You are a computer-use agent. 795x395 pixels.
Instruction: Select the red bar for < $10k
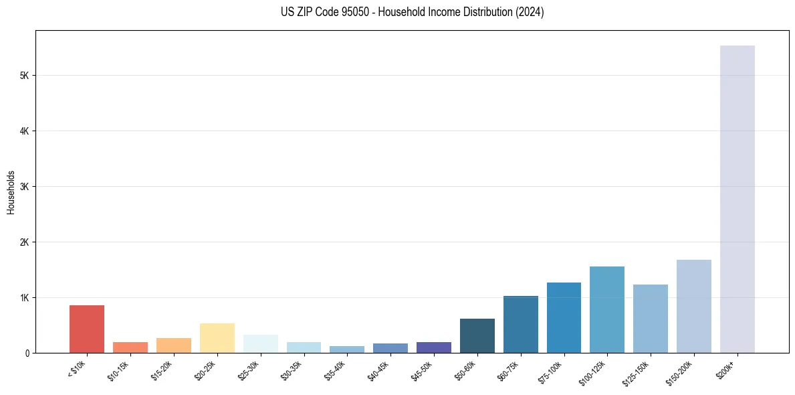[x=87, y=329]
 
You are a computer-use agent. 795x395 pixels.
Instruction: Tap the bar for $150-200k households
[x=693, y=306]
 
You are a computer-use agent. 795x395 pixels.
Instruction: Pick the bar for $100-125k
[x=607, y=309]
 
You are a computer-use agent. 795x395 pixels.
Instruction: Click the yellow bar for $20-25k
[x=217, y=338]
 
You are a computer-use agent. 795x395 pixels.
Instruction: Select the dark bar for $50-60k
[x=477, y=335]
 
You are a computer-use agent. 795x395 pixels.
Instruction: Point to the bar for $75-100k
[x=564, y=317]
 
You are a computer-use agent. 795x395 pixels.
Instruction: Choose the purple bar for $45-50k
[x=433, y=347]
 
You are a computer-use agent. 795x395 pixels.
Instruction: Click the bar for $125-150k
[x=650, y=319]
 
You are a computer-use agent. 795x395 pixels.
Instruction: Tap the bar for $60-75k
[x=520, y=324]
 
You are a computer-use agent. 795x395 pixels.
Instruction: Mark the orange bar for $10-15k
[x=130, y=347]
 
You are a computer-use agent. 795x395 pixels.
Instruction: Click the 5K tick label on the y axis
[x=24, y=76]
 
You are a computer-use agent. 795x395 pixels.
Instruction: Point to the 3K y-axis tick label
[x=24, y=187]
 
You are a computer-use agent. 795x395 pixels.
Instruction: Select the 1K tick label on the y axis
[x=24, y=298]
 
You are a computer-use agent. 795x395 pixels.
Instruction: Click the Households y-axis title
[x=11, y=191]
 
